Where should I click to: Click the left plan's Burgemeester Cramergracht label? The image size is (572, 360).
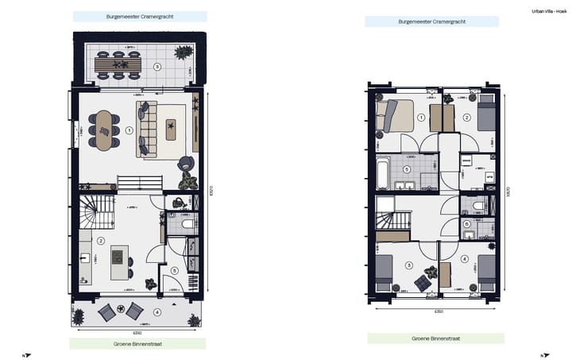click(x=140, y=16)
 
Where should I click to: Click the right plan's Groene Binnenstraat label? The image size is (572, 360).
click(x=435, y=339)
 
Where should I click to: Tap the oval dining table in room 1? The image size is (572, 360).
click(x=104, y=130)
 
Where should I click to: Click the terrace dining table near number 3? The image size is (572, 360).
click(x=118, y=64)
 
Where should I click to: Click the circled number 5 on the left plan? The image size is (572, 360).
click(x=174, y=269)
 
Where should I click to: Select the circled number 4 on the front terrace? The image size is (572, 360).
click(x=157, y=312)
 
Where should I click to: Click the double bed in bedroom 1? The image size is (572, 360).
click(x=397, y=117)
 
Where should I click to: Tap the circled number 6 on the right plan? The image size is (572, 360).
click(x=466, y=223)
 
